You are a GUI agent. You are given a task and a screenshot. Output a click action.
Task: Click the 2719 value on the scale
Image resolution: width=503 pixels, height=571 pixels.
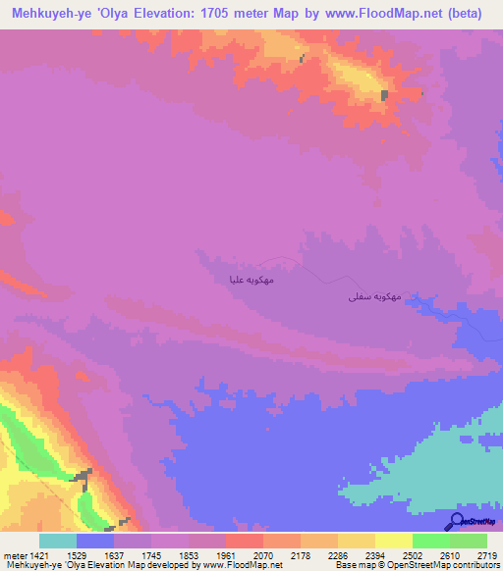tap(488, 555)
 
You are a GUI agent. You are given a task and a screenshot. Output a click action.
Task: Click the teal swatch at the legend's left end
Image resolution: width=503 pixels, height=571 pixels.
tap(58, 541)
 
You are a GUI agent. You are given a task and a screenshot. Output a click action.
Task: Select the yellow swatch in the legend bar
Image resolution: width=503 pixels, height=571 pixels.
tap(393, 541)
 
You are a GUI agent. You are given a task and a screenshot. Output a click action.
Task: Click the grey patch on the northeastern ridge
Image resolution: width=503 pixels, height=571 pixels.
tap(384, 95)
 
